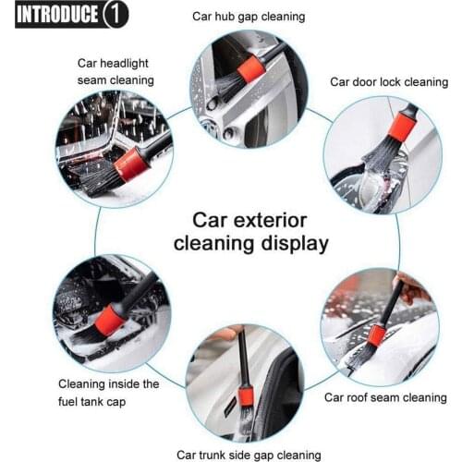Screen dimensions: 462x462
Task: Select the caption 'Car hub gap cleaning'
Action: [x=248, y=16]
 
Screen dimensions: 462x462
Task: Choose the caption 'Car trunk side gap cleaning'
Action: [x=249, y=454]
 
